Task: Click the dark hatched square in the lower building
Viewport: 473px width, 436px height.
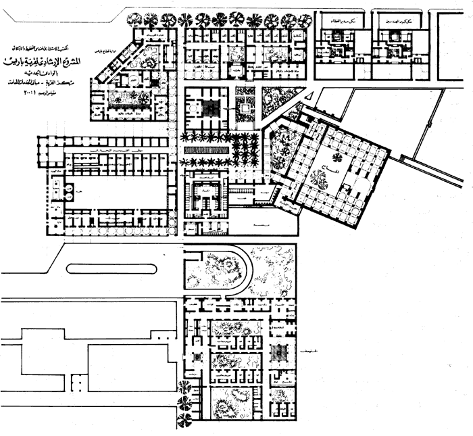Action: click(279, 352)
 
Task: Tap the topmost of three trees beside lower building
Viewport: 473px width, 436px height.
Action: click(182, 387)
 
